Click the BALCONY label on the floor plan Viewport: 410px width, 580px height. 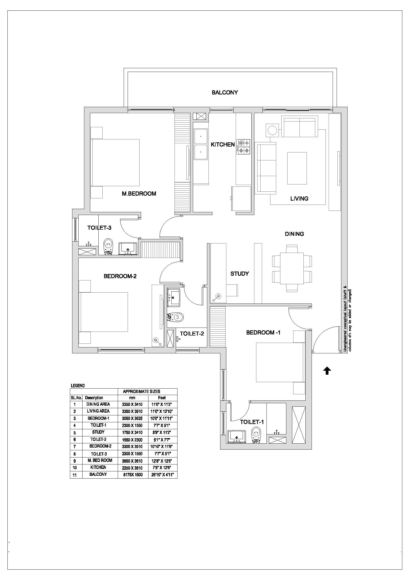pyautogui.click(x=225, y=92)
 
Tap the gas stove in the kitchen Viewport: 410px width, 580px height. pyautogui.click(x=243, y=147)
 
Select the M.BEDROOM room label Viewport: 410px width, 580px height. pyautogui.click(x=139, y=194)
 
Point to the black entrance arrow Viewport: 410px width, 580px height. pyautogui.click(x=327, y=371)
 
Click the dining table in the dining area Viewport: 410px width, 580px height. pyautogui.click(x=292, y=268)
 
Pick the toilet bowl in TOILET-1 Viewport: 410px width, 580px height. pyautogui.click(x=257, y=435)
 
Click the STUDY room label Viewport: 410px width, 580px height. pyautogui.click(x=240, y=274)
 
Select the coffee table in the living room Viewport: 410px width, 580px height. pyautogui.click(x=297, y=168)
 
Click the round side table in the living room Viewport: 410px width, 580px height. pyautogui.click(x=272, y=130)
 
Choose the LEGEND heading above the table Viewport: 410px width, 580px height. pyautogui.click(x=78, y=386)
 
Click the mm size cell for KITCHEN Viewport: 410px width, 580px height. pyautogui.click(x=132, y=468)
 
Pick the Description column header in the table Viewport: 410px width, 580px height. pyautogui.click(x=94, y=397)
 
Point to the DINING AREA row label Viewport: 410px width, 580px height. pyautogui.click(x=98, y=404)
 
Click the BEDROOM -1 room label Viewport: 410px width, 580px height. pyautogui.click(x=263, y=333)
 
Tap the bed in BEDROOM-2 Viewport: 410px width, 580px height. pyautogui.click(x=103, y=312)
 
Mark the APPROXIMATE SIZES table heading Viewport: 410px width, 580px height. pyautogui.click(x=141, y=392)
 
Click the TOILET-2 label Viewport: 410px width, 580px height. pyautogui.click(x=192, y=334)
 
